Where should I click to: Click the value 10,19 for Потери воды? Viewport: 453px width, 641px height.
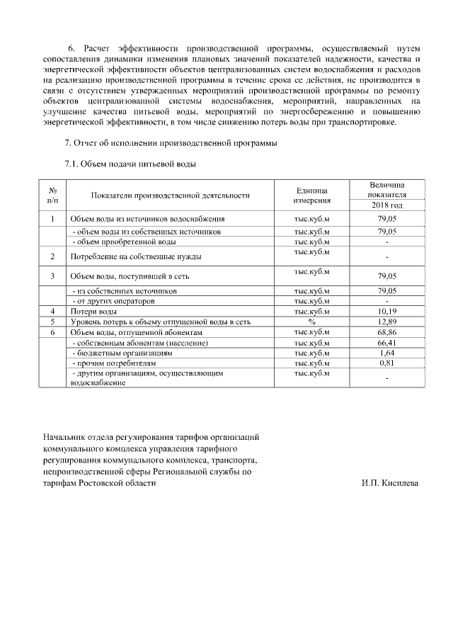pos(386,312)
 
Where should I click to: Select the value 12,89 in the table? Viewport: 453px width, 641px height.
pos(386,322)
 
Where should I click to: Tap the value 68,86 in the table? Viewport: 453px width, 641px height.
pos(386,331)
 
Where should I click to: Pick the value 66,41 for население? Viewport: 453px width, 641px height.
pos(386,343)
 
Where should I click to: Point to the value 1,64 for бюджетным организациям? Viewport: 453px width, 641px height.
pos(386,353)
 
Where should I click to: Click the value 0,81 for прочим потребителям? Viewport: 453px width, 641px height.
pos(386,363)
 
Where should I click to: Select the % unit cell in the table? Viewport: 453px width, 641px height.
pos(311,322)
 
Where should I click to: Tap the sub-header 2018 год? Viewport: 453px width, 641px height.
pos(386,205)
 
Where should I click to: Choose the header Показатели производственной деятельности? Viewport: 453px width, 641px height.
pos(171,196)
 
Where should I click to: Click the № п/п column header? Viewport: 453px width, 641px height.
pos(53,196)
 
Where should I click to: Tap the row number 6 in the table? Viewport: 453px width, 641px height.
pos(53,331)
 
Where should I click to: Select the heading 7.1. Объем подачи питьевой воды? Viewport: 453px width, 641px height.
pos(130,164)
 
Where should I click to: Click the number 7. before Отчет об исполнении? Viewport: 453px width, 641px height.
pos(68,143)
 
